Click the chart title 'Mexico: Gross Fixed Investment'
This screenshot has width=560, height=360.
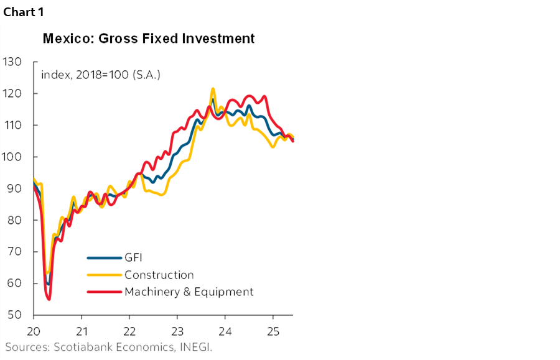point(149,39)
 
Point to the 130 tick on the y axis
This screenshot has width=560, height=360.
point(12,62)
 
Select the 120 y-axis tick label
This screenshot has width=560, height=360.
point(12,93)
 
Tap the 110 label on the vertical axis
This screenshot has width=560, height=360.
point(12,125)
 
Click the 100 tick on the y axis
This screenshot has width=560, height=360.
point(12,157)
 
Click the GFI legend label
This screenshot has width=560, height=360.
point(134,257)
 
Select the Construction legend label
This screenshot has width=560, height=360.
point(159,275)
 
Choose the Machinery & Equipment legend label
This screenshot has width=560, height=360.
point(189,292)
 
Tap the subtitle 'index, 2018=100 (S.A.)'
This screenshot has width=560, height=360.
point(101,75)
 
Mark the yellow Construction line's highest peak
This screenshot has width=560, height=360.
point(213,89)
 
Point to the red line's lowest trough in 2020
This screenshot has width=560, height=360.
point(49,299)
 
